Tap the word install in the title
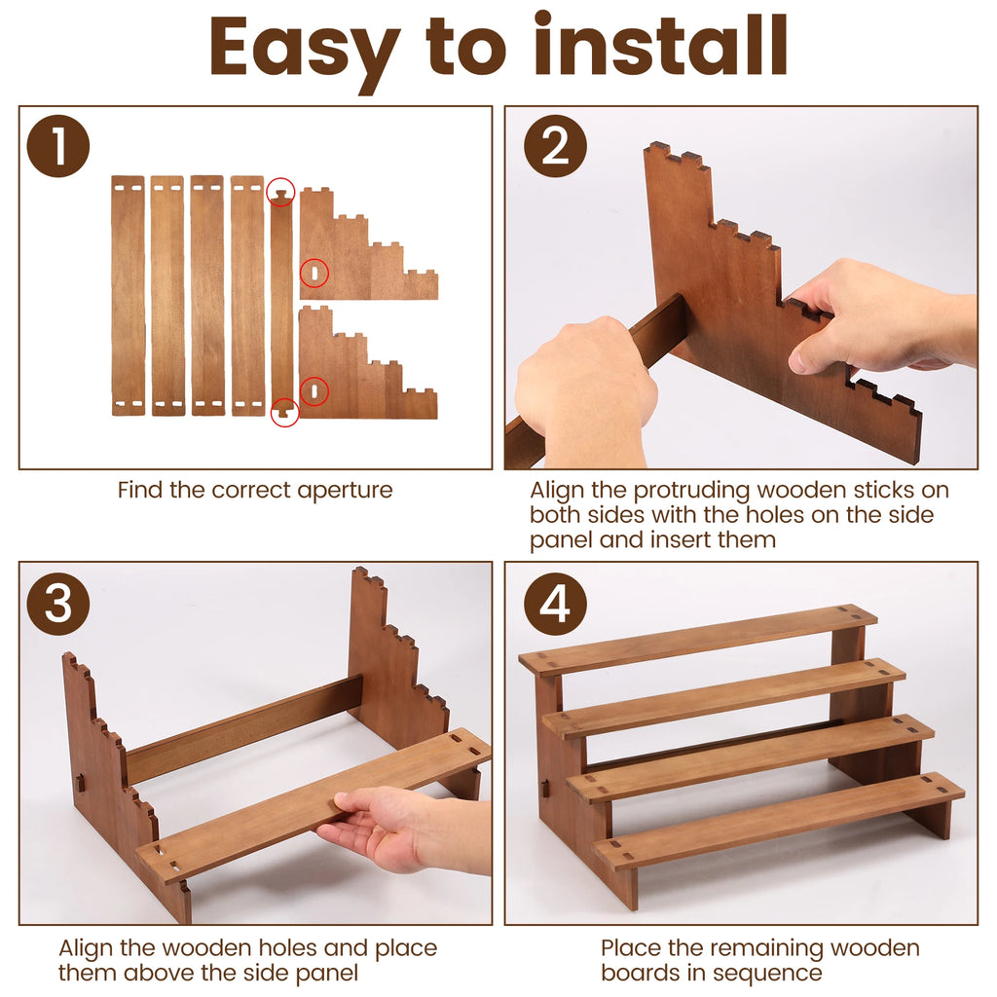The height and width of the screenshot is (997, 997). point(661,45)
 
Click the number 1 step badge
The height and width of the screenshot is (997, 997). point(57,146)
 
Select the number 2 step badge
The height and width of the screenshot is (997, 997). point(555,146)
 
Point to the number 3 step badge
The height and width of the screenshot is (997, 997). point(57,604)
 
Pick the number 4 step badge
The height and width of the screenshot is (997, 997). point(555,604)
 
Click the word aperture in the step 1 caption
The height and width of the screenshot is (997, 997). point(345,491)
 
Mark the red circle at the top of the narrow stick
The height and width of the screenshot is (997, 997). point(280,192)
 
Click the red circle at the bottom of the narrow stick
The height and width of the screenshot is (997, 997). point(285,412)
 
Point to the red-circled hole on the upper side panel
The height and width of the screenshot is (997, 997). point(314,274)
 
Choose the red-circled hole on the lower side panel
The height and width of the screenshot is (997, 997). point(314,391)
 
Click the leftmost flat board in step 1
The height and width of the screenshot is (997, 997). point(128,296)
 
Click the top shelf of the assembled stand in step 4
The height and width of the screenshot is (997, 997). point(697,639)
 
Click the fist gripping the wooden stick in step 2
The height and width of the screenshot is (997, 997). point(585,391)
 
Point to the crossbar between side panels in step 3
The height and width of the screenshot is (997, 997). point(244,728)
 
